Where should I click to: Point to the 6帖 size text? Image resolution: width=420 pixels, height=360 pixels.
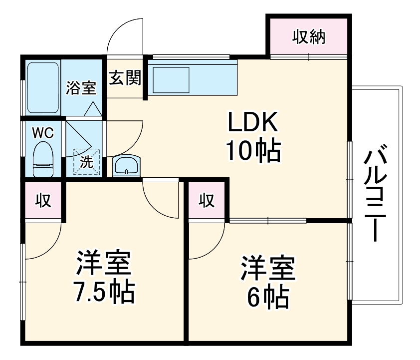point(268,298)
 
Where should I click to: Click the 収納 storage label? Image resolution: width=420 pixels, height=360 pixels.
point(308,37)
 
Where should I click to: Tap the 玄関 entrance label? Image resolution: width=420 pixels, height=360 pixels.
point(124,78)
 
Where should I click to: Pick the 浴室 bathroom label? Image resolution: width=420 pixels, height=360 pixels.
point(81,88)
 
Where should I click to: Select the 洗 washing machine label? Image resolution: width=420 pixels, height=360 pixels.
point(86,162)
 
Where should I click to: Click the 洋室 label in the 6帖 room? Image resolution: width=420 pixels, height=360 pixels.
point(268,269)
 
